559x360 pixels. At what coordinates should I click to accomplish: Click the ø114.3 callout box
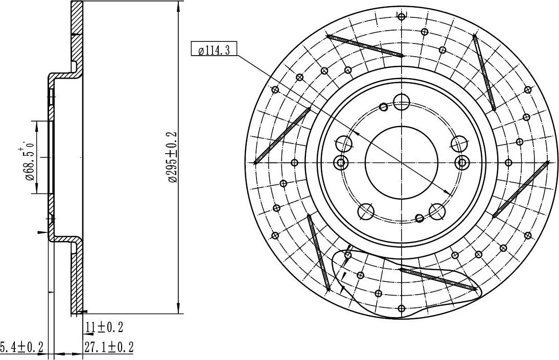[213, 49]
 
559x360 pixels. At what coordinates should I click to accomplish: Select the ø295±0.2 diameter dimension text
[172, 157]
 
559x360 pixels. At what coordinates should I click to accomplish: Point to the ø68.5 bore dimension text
[28, 162]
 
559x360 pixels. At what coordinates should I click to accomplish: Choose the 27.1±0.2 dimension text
[109, 346]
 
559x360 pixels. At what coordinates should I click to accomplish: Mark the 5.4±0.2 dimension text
[22, 346]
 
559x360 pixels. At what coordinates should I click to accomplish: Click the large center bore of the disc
[402, 162]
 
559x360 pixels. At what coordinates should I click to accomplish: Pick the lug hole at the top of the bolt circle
[402, 102]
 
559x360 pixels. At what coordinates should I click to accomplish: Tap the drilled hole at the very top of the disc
[402, 16]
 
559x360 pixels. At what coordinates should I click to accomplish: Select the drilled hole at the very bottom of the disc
[402, 308]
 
